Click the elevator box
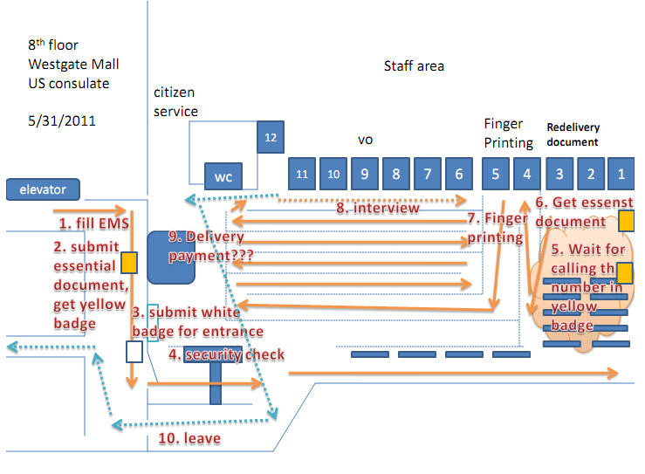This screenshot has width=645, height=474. click(43, 189)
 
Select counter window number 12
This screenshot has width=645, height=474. click(271, 137)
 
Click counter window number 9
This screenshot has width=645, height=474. click(364, 174)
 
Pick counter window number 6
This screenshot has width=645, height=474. click(459, 174)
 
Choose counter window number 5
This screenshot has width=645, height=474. click(496, 174)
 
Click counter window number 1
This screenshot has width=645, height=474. click(621, 174)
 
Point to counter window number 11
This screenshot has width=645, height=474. click(302, 174)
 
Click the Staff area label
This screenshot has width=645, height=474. click(414, 66)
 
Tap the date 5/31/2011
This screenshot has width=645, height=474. click(62, 121)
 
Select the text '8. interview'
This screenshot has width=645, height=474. click(377, 208)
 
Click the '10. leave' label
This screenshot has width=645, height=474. click(189, 437)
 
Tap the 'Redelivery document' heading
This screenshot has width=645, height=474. click(573, 134)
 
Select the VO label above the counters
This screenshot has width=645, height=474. click(366, 140)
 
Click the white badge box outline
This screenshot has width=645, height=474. click(134, 351)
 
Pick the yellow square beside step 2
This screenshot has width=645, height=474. click(128, 262)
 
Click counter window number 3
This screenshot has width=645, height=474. click(559, 174)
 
